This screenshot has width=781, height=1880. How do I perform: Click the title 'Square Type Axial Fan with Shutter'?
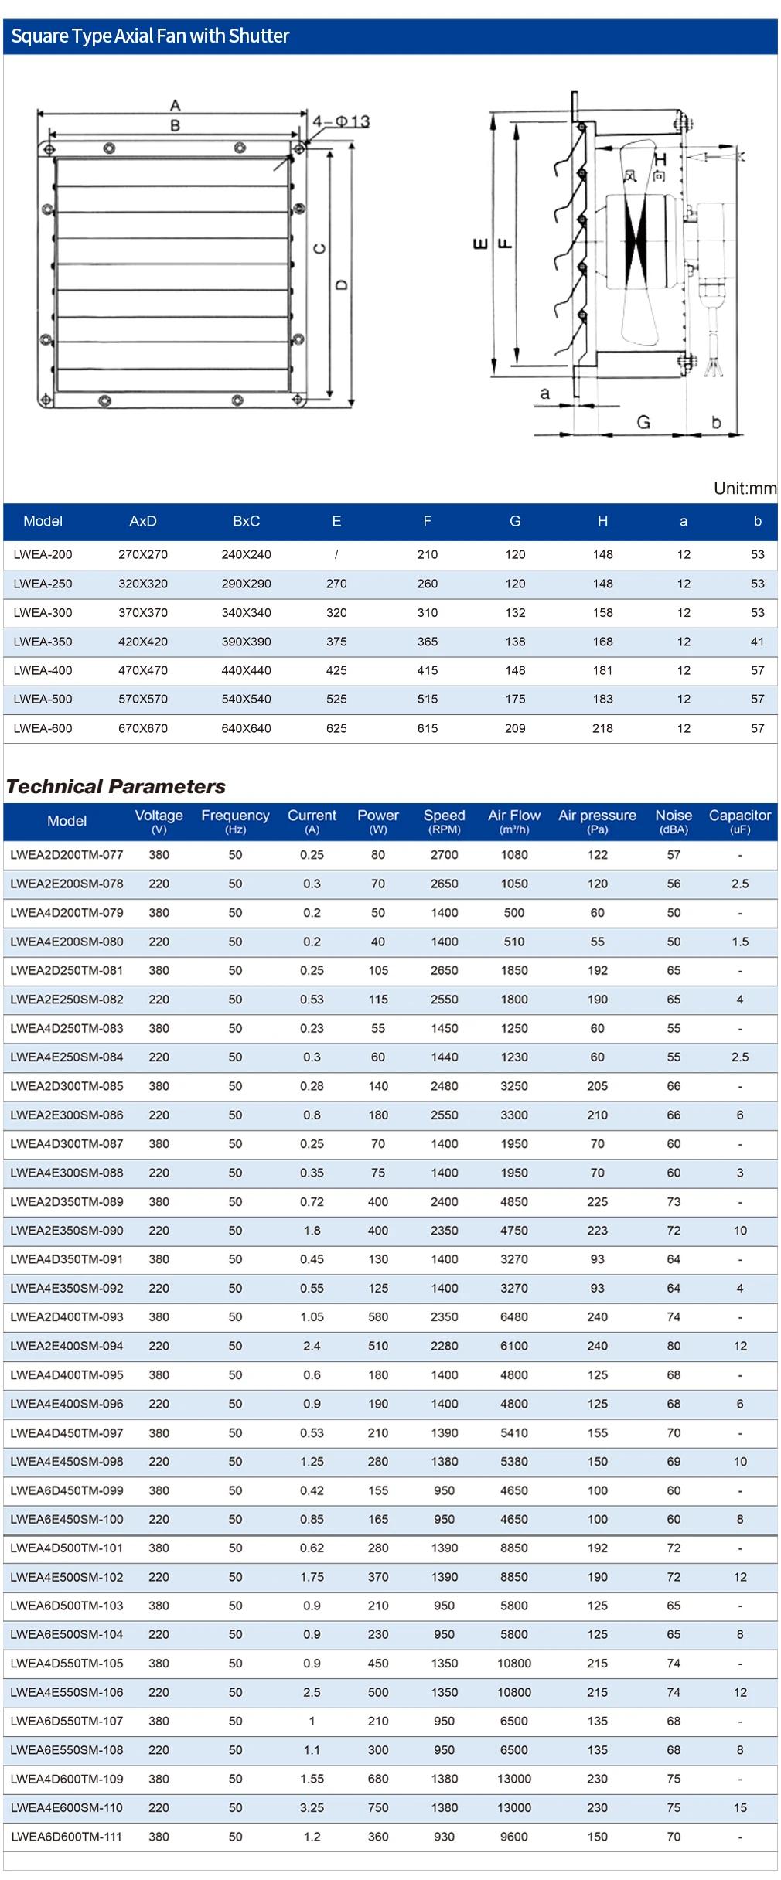[x=150, y=36]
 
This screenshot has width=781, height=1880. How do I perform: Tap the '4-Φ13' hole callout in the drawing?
[x=341, y=121]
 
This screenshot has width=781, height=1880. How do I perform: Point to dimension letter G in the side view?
[x=643, y=422]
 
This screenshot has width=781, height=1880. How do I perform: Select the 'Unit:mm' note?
[x=745, y=489]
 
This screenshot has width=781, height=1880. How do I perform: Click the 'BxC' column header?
[x=246, y=522]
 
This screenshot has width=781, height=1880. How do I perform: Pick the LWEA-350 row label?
[x=43, y=642]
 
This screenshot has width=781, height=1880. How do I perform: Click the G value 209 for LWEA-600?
[x=515, y=728]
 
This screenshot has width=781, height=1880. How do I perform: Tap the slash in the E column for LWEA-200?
[x=336, y=554]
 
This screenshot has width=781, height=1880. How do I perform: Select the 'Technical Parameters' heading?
[x=116, y=787]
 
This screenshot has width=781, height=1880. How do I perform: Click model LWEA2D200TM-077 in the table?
[x=67, y=855]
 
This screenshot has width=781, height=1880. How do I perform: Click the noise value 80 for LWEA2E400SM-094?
[x=674, y=1346]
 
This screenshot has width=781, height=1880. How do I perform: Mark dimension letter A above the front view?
[x=176, y=105]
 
